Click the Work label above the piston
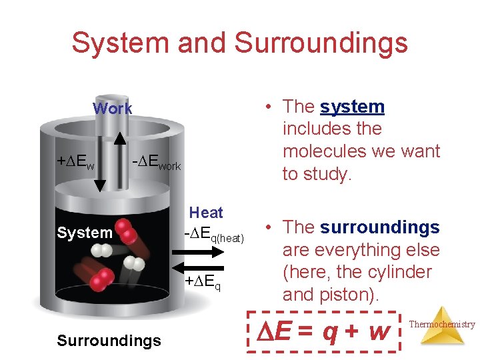tap(112, 108)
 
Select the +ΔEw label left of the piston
tap(75, 162)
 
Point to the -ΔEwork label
tap(156, 163)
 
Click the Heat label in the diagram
tap(206, 213)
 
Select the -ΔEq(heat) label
tap(214, 234)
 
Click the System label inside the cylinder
tap(84, 233)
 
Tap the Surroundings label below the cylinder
tap(109, 341)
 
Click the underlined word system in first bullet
tap(352, 107)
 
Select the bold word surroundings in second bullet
tap(379, 227)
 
